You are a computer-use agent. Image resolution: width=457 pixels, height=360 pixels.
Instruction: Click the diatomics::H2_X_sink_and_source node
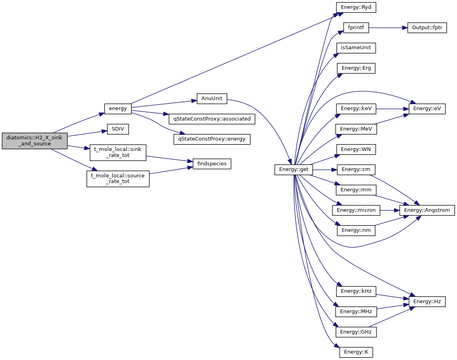click(x=34, y=141)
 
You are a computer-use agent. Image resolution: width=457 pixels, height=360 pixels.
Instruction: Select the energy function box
click(x=118, y=108)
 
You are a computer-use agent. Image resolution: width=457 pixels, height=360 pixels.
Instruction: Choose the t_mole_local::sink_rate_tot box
click(x=118, y=152)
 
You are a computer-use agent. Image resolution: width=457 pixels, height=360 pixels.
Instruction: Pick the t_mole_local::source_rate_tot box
click(x=118, y=179)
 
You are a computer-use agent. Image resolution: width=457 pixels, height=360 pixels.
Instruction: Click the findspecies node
click(x=212, y=164)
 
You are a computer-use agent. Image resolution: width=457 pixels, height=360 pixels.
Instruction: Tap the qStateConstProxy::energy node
click(x=212, y=139)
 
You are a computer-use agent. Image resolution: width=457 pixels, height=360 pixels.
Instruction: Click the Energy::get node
click(x=294, y=170)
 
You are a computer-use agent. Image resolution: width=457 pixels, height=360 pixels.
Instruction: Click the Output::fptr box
click(x=427, y=28)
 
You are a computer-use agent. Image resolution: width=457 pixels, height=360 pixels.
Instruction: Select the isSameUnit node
click(x=356, y=48)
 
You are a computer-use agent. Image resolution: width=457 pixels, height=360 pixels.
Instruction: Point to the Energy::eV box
click(x=427, y=109)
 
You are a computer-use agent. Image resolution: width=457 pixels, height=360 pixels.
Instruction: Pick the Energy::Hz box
click(x=427, y=301)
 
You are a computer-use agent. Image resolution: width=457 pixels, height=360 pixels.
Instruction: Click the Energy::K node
click(x=356, y=352)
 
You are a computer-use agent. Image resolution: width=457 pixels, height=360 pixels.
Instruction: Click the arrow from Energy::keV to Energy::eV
click(x=392, y=109)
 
